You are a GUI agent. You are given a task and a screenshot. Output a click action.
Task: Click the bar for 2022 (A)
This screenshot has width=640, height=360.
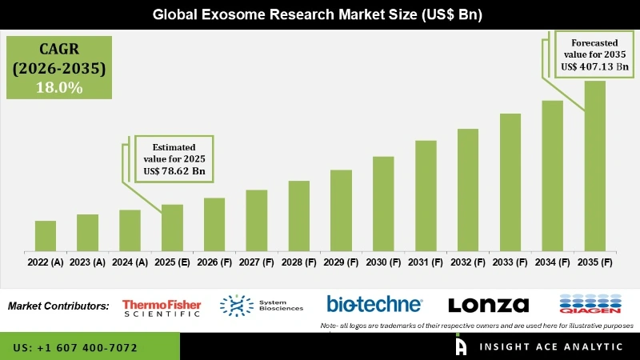click(x=46, y=236)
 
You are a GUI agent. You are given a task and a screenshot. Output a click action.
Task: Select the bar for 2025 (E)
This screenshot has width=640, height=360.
click(x=172, y=228)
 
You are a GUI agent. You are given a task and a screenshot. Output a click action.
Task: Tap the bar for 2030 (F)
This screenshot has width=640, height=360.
click(x=383, y=203)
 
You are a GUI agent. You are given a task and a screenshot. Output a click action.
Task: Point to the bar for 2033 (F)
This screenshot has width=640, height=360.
click(x=510, y=182)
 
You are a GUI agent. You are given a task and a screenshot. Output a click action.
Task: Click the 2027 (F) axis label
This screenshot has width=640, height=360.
click(x=256, y=262)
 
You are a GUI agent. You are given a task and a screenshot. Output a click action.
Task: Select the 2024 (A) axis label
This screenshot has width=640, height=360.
click(x=130, y=262)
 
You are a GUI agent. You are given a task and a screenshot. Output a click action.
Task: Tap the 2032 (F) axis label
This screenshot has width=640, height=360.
click(x=467, y=262)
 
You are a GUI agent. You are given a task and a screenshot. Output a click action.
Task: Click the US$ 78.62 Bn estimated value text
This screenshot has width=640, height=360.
click(x=171, y=171)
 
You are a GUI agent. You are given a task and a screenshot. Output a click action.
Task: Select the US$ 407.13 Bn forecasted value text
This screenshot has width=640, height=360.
click(x=595, y=67)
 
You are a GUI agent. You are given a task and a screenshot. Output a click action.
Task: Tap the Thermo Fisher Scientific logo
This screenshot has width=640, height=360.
click(x=162, y=306)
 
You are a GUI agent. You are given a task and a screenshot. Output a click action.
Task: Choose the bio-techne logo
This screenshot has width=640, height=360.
click(x=374, y=304)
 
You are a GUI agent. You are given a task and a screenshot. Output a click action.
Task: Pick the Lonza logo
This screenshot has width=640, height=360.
click(x=488, y=305)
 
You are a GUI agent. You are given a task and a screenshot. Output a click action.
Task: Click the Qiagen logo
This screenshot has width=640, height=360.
click(x=589, y=305)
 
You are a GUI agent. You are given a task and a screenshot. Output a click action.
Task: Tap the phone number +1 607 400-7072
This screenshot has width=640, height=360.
click(x=75, y=348)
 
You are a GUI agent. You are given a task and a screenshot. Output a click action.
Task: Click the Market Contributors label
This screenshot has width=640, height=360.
click(x=58, y=306)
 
